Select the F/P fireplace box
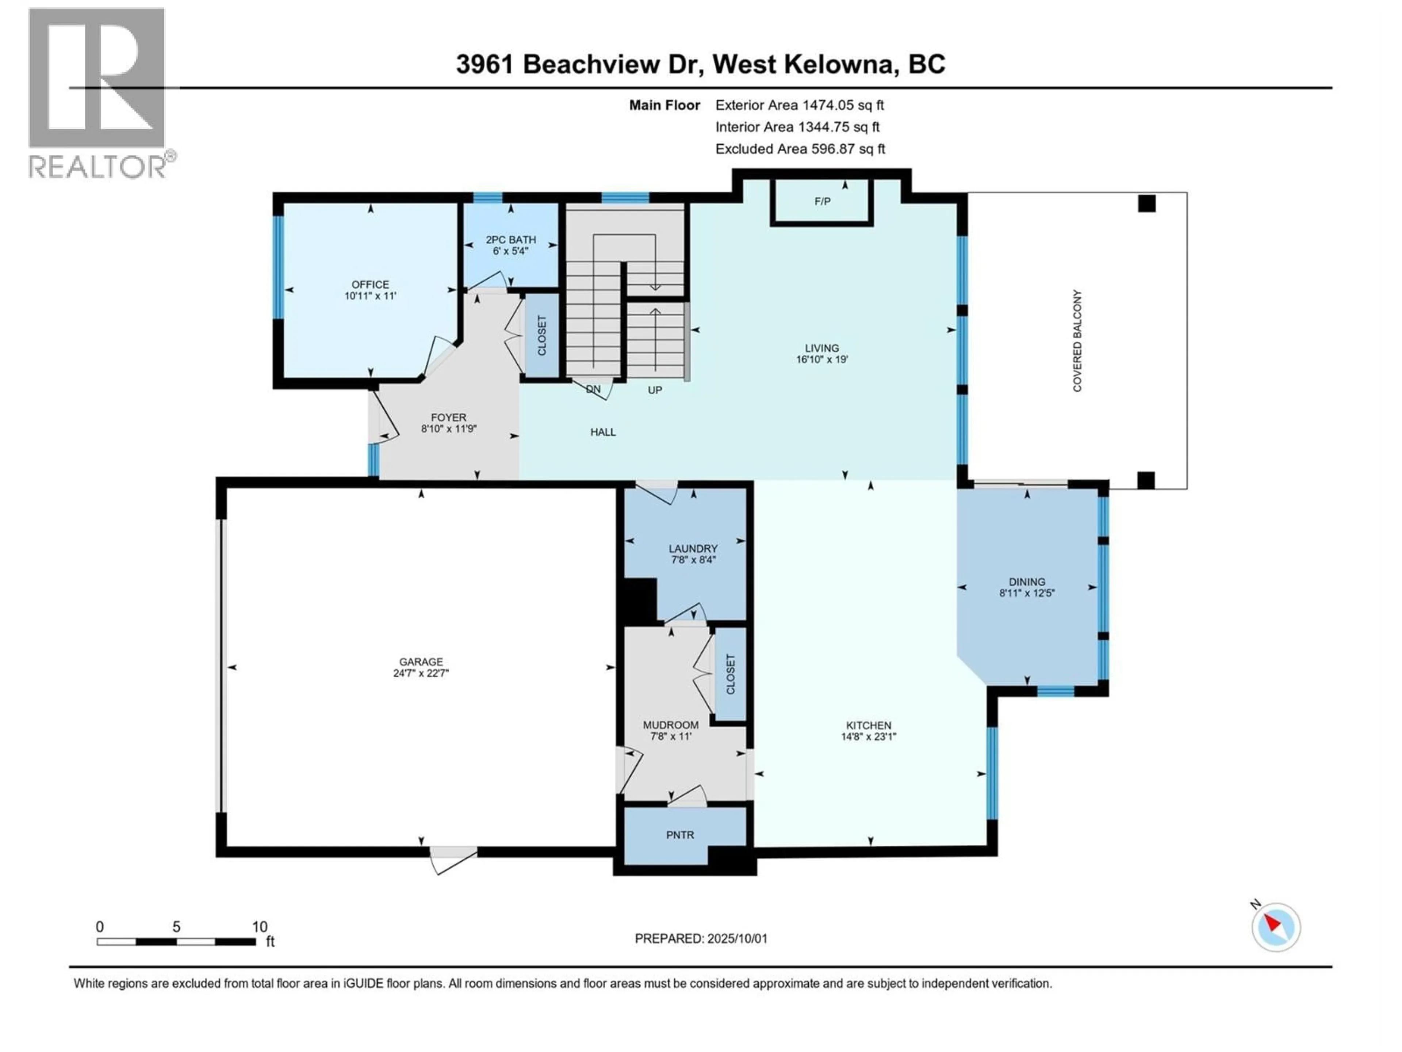pyautogui.click(x=822, y=202)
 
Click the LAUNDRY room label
pyautogui.click(x=693, y=549)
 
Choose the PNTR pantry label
pyautogui.click(x=680, y=835)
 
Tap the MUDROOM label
pyautogui.click(x=671, y=725)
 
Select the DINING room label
pyautogui.click(x=1027, y=582)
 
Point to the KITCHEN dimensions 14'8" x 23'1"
pyautogui.click(x=868, y=737)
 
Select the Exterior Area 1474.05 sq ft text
pyautogui.click(x=799, y=105)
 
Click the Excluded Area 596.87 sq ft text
pyautogui.click(x=800, y=149)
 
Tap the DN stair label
pyautogui.click(x=593, y=389)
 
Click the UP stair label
pyautogui.click(x=655, y=390)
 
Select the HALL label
pyautogui.click(x=603, y=432)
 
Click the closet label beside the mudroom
pyautogui.click(x=730, y=674)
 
